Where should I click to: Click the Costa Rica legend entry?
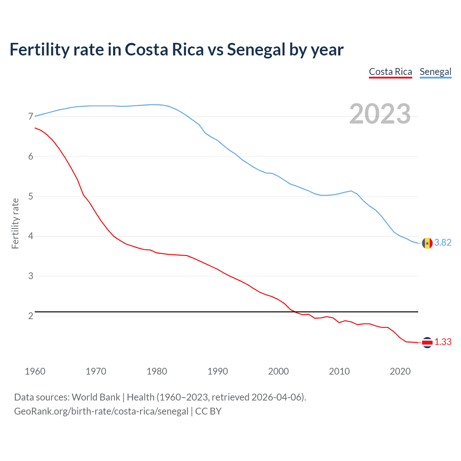[x=390, y=72]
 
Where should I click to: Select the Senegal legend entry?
[x=435, y=72]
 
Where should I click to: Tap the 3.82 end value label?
[x=443, y=243]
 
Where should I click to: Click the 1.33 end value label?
[x=443, y=342]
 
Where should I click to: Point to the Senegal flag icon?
[x=427, y=243]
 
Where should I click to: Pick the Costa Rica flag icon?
[x=427, y=343]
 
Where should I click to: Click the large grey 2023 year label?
[x=380, y=114]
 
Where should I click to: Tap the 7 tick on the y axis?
[x=31, y=117]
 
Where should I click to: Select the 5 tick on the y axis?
[x=31, y=197]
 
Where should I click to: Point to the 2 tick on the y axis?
[x=31, y=316]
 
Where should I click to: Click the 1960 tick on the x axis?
[x=35, y=371]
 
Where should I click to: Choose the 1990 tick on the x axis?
[x=218, y=371]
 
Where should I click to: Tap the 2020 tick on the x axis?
[x=400, y=371]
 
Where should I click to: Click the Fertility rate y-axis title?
[x=15, y=223]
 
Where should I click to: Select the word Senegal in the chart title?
[x=256, y=50]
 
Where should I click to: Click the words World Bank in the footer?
[x=96, y=397]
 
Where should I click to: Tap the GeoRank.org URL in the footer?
[x=101, y=411]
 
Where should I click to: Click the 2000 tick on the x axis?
[x=278, y=371]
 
